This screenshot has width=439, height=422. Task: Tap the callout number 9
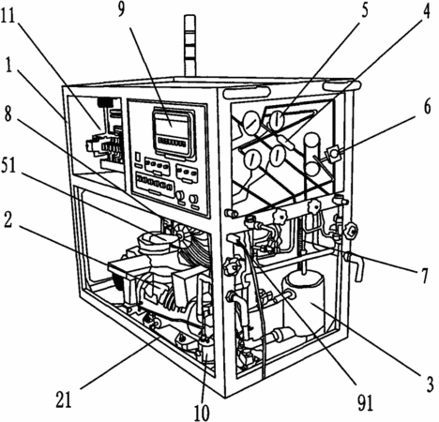coord(120,9)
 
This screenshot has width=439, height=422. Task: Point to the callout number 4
coord(425,10)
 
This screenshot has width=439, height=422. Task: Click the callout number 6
coord(427,106)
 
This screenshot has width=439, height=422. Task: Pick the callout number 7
coord(424,275)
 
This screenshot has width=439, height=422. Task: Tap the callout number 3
coord(430,384)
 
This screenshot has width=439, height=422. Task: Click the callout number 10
coord(202,413)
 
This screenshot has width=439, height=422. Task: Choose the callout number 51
coord(8,165)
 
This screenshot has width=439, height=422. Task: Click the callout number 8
coord(8,114)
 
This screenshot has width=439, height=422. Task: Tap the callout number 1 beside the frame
coord(8,65)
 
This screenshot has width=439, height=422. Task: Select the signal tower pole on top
coord(190,46)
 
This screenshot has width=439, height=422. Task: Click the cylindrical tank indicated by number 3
coord(304,302)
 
